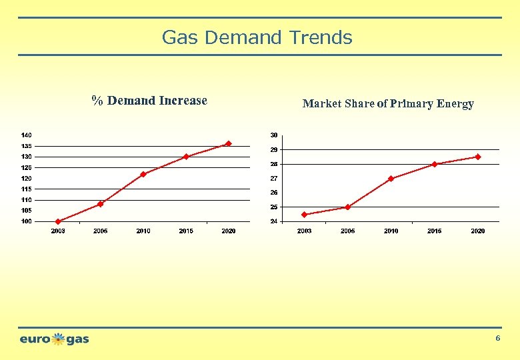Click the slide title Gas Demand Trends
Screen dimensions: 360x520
point(257,37)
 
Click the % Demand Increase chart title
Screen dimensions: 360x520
point(149,101)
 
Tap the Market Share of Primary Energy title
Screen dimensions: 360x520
point(388,103)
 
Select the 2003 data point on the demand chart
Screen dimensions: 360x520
point(58,221)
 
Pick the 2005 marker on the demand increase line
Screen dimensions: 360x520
point(101,204)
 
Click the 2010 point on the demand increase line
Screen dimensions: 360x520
point(143,175)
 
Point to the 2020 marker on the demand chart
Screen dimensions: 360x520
point(229,143)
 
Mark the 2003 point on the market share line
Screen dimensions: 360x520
point(305,215)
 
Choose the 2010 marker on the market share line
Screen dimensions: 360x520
point(391,179)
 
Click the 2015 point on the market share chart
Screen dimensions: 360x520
point(435,164)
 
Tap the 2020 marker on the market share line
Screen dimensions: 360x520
point(478,157)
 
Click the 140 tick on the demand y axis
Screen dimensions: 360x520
point(26,135)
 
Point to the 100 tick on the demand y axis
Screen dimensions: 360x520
point(26,221)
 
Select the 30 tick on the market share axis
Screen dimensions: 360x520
point(273,135)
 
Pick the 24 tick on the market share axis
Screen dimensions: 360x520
point(273,221)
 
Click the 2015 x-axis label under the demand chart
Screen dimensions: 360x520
point(186,231)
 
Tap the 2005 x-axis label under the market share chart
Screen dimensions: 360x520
point(348,231)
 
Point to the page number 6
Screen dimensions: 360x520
point(497,339)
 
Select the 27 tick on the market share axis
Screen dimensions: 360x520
point(273,179)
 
